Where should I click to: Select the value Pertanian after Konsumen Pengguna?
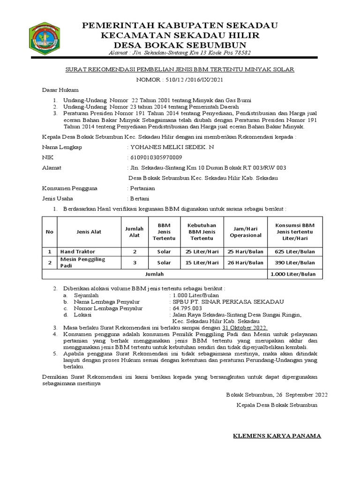tap(142, 188)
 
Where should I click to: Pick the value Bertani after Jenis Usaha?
tap(140, 198)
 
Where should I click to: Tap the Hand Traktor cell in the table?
tap(77, 252)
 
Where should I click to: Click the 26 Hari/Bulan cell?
tap(246, 262)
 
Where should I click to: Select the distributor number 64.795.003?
tap(187, 308)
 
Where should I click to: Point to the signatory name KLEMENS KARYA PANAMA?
tap(277, 436)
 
